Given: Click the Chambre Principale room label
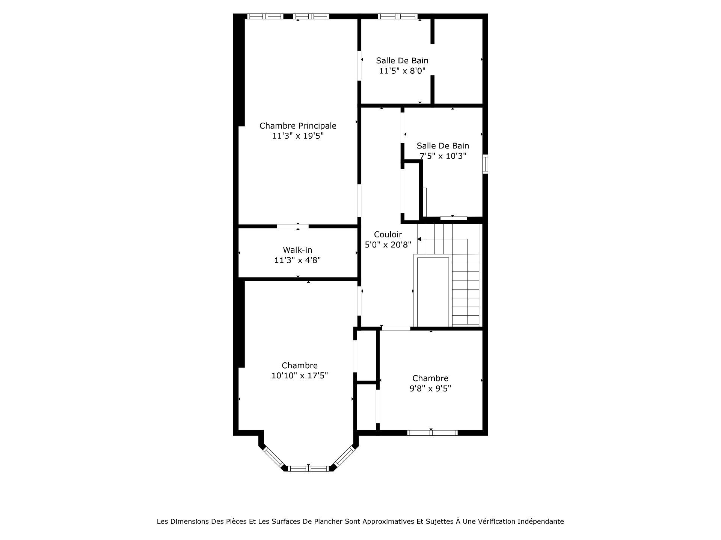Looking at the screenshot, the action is tap(298, 126).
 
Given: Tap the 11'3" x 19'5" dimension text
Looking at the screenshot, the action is tap(298, 136).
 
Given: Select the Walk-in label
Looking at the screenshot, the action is tap(297, 250).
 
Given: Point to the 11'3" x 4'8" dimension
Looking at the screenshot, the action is tap(297, 260).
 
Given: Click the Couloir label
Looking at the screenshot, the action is tap(388, 234).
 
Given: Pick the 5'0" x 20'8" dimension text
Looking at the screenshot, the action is tap(388, 244).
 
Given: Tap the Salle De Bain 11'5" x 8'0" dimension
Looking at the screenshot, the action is tap(402, 70).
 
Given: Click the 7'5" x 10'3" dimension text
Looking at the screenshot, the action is tap(443, 156).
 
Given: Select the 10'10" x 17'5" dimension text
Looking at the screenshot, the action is tap(300, 375).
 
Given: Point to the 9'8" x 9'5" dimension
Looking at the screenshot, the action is tap(430, 388).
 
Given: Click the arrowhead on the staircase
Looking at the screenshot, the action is tap(419, 239).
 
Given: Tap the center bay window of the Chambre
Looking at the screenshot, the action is tap(308, 468).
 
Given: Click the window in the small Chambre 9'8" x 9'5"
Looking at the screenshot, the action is tap(433, 433).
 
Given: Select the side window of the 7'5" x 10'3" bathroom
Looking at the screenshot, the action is tap(485, 164).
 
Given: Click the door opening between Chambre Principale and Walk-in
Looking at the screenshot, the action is tap(293, 226).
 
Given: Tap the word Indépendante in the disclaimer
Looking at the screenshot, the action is tap(541, 522).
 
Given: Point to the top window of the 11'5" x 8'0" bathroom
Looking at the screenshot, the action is tap(398, 16).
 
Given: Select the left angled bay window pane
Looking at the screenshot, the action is tap(273, 457).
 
